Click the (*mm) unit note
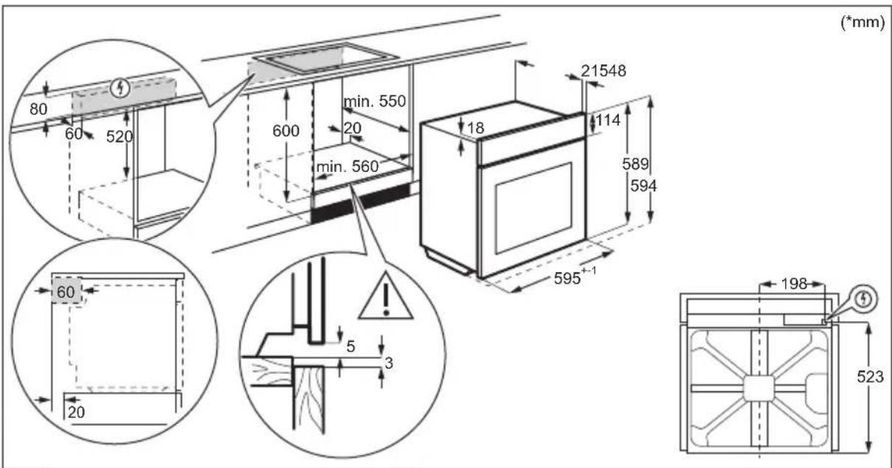[862, 23]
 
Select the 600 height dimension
[286, 131]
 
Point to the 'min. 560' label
[347, 168]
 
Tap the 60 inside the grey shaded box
[65, 292]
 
